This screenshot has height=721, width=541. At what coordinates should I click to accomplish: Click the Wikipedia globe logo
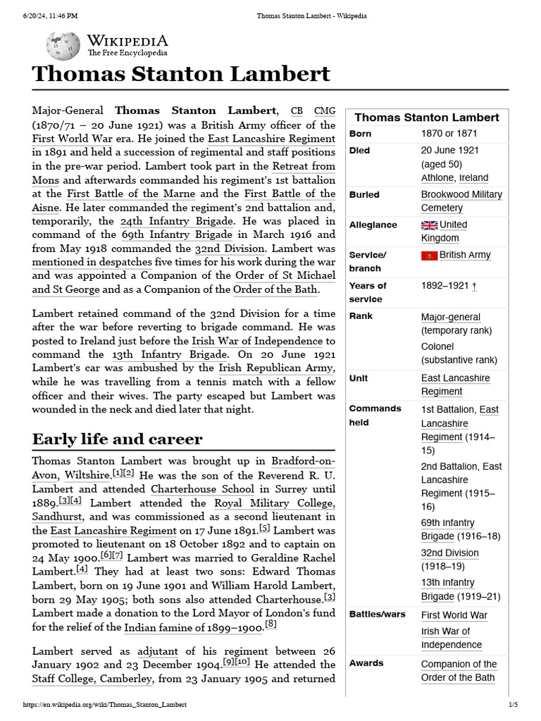(63, 46)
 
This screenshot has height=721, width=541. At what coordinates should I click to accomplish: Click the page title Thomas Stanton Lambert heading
(181, 74)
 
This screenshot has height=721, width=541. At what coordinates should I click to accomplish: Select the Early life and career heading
(117, 439)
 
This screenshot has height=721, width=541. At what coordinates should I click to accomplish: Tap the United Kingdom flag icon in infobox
(429, 225)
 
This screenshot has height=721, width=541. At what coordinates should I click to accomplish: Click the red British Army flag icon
(429, 256)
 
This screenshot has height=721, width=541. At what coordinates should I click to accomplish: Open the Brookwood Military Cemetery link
(461, 201)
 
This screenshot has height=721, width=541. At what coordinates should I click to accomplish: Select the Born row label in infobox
(360, 134)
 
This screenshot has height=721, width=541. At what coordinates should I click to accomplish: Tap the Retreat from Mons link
(304, 166)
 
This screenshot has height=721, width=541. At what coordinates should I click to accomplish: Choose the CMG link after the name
(325, 111)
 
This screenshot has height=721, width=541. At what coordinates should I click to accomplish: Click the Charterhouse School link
(202, 489)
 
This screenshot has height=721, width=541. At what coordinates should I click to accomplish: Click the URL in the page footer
(105, 705)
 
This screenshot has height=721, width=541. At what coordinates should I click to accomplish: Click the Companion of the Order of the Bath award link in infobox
(459, 671)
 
